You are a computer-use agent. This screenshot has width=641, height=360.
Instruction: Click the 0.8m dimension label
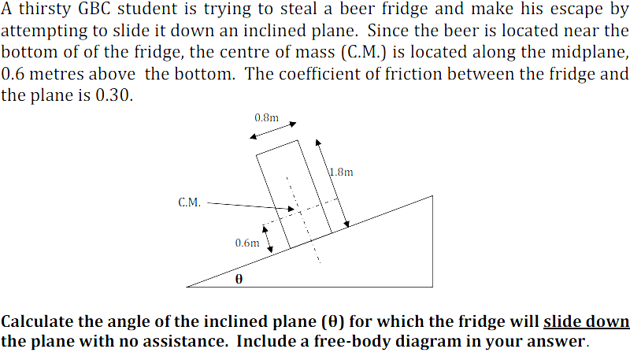pos(266,117)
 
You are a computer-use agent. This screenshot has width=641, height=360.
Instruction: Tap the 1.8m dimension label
pos(342,171)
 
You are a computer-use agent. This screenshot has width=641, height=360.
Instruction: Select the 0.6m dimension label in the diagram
pos(246,243)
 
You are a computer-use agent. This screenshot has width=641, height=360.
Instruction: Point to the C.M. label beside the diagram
pos(189,202)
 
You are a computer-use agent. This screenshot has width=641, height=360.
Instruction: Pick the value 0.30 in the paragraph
pos(115,95)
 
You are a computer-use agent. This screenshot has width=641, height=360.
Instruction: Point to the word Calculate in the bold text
pos(38,321)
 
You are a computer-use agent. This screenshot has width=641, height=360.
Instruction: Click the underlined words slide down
pos(587,321)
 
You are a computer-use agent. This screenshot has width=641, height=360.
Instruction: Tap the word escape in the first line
pos(582,10)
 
